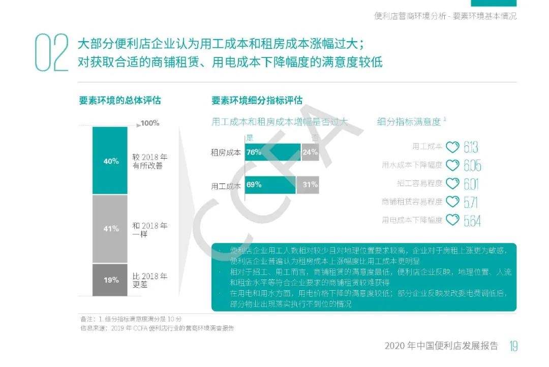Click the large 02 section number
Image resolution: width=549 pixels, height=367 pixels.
click(x=51, y=53)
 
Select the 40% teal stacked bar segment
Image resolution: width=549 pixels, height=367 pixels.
click(x=110, y=161)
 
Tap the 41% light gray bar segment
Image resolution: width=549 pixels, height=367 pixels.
click(x=110, y=229)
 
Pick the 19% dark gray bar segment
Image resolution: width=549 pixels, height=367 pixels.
click(x=110, y=280)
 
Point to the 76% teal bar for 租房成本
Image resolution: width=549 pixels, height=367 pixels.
click(x=272, y=152)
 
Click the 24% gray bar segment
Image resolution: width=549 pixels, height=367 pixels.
click(x=310, y=152)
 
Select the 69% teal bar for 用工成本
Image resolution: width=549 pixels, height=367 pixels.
click(x=270, y=185)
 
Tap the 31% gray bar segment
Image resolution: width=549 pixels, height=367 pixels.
click(x=308, y=185)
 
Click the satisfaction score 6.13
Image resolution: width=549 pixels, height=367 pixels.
click(x=471, y=147)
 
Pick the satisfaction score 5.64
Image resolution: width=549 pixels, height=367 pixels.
click(x=472, y=221)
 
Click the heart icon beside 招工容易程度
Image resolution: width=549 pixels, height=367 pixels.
click(x=452, y=183)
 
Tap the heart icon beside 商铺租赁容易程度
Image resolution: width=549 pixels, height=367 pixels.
click(x=452, y=202)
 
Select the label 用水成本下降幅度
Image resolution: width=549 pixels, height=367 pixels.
click(x=412, y=165)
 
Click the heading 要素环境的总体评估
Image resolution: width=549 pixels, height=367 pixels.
click(x=119, y=100)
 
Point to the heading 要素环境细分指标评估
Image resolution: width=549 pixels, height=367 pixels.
click(x=257, y=100)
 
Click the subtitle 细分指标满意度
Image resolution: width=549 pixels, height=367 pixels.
click(x=409, y=121)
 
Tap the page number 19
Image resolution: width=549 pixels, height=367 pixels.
click(x=513, y=346)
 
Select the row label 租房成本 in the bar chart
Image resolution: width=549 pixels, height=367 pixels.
click(x=226, y=152)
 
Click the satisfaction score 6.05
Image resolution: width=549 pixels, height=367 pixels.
click(x=472, y=166)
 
